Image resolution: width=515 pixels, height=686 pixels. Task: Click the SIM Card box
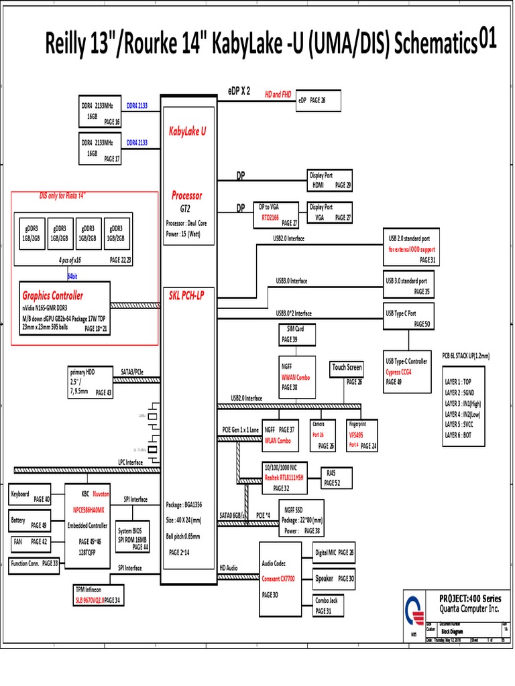pos(292,334)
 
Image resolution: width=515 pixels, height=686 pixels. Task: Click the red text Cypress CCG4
pos(398,372)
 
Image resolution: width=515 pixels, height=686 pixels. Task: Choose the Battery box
pos(28,521)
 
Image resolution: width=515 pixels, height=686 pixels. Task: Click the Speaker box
pos(335,578)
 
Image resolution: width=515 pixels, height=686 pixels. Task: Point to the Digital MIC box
pos(335,553)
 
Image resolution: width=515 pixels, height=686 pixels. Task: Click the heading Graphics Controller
pos(53,295)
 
